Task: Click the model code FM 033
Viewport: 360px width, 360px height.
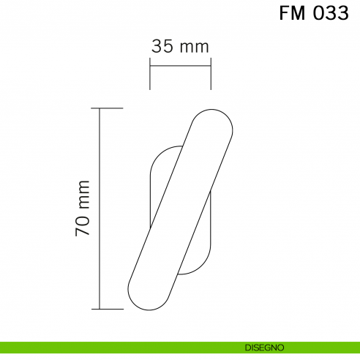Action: click(x=313, y=14)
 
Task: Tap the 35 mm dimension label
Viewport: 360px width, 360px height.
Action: click(x=180, y=46)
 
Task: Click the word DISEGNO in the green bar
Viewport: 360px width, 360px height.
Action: click(x=265, y=347)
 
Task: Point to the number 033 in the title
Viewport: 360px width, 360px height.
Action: click(x=330, y=14)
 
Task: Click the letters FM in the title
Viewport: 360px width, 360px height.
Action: click(x=293, y=14)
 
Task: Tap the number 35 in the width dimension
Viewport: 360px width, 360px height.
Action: click(x=162, y=46)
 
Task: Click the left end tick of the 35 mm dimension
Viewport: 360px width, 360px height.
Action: click(x=150, y=75)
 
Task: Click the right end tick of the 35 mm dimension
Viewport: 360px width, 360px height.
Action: click(x=211, y=75)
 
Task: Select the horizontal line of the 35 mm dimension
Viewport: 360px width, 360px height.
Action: click(x=180, y=67)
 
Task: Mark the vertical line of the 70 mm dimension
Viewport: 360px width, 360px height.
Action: click(x=100, y=209)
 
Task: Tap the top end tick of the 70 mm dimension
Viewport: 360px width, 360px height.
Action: click(x=110, y=108)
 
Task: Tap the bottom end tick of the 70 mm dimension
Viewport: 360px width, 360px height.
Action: click(x=110, y=309)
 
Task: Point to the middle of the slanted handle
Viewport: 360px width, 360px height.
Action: click(x=181, y=209)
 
